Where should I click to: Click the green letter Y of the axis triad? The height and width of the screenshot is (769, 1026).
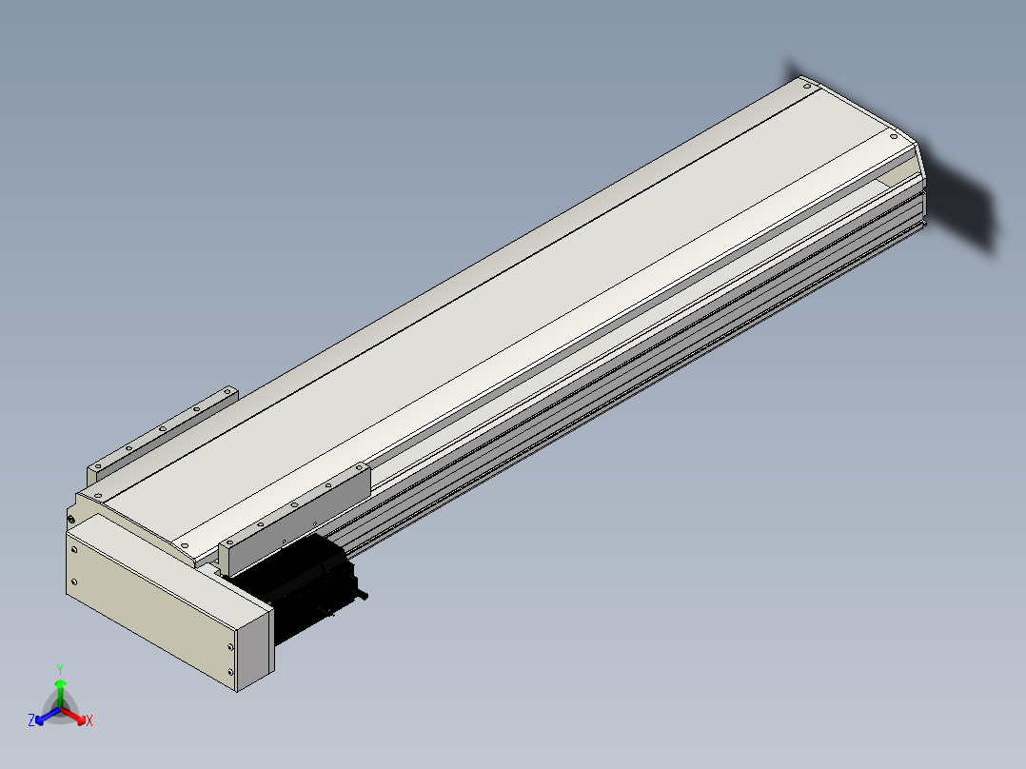(x=60, y=669)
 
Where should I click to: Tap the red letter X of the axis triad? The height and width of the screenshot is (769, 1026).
(x=89, y=720)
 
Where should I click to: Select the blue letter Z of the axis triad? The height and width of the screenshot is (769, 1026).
(x=31, y=720)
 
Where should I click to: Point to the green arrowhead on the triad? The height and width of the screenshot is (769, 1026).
(x=60, y=683)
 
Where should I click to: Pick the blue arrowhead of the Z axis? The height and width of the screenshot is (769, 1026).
(x=40, y=720)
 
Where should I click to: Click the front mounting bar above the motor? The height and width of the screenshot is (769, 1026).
(x=294, y=517)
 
